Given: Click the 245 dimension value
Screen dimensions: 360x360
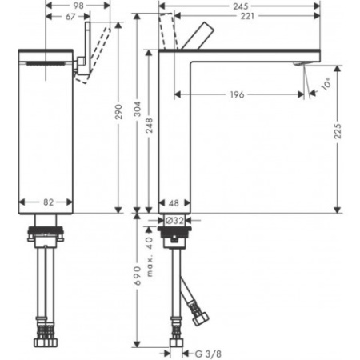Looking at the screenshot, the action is click(241, 6).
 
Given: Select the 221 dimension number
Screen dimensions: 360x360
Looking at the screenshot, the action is click(247, 16).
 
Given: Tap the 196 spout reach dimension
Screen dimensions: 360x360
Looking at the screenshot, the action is click(237, 94).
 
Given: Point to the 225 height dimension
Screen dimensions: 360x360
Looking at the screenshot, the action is click(338, 131).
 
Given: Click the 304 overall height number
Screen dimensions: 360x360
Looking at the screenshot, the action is click(138, 109).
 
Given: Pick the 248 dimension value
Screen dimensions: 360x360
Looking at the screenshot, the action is click(150, 126).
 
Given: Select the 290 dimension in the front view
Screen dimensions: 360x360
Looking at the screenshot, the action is click(118, 112).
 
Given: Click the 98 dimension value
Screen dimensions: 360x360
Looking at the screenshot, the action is click(78, 6).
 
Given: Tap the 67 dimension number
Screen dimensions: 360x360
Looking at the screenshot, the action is click(70, 17).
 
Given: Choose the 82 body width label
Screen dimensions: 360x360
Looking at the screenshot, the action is click(49, 202).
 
